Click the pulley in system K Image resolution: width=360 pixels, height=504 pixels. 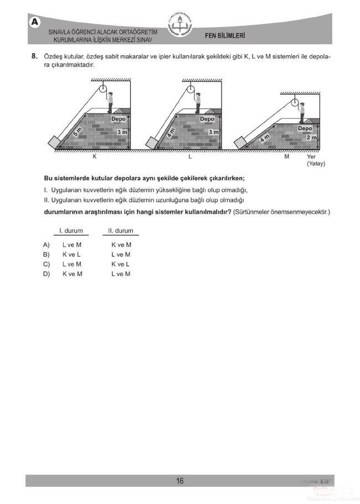[x=100, y=90]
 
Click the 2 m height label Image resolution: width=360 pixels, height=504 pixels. [x=311, y=137]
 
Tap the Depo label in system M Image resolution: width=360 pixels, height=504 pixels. [x=305, y=128]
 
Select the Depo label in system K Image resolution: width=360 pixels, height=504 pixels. [x=118, y=119]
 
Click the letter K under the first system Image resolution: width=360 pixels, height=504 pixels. [x=95, y=157]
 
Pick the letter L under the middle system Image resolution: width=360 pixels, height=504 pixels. [x=190, y=157]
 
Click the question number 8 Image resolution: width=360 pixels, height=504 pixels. [x=34, y=56]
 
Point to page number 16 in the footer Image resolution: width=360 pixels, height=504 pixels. [x=180, y=481]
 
